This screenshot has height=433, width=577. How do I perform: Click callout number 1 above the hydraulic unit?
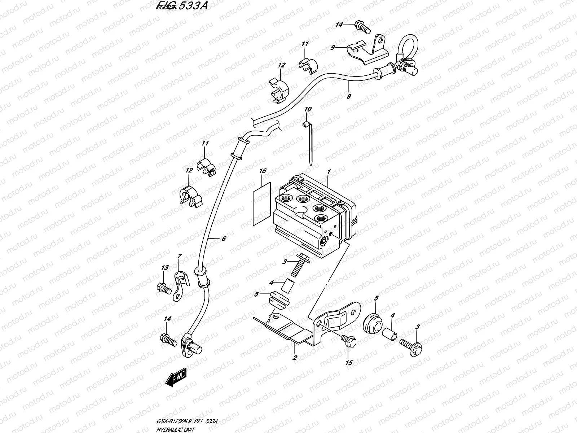click(x=329, y=173)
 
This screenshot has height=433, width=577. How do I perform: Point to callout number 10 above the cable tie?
click(x=308, y=109)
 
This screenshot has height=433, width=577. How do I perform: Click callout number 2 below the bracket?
click(x=295, y=358)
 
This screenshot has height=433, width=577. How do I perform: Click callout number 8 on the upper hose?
click(x=349, y=96)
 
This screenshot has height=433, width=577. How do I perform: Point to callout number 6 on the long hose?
click(x=223, y=239)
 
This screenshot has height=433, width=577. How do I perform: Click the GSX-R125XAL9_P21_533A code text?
click(x=187, y=411)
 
